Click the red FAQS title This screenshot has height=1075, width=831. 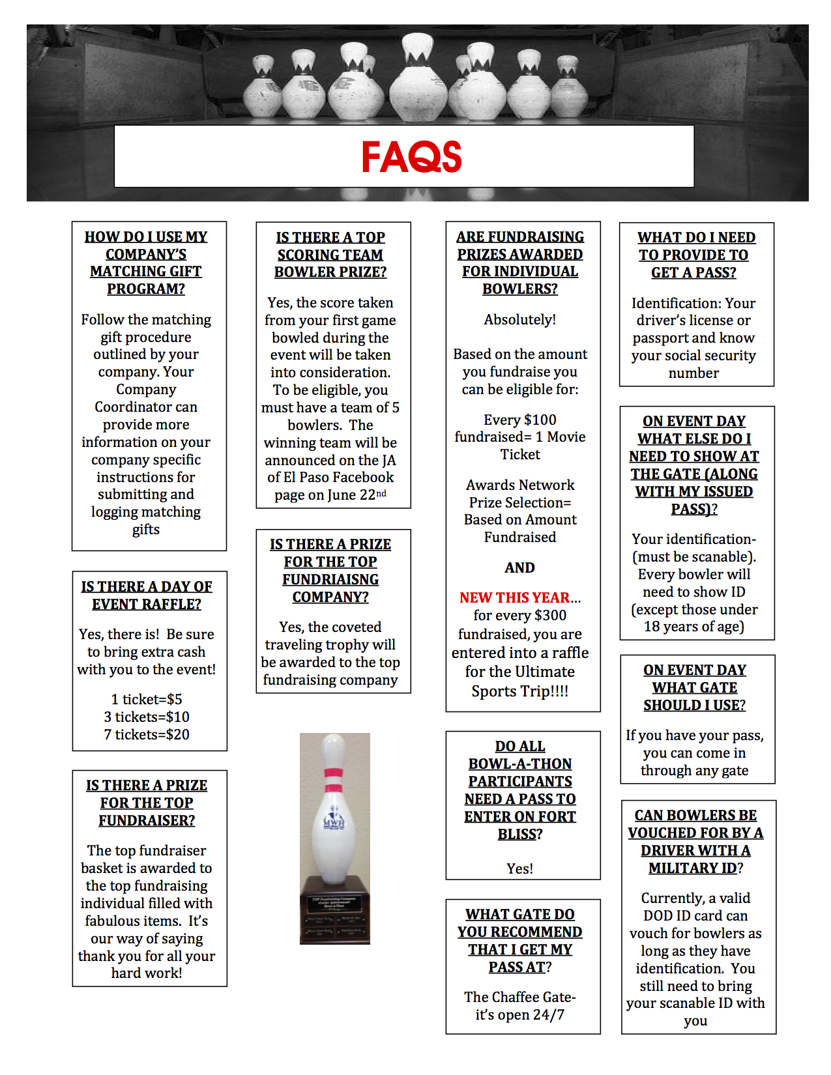[x=411, y=157]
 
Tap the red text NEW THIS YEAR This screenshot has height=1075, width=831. [x=514, y=597]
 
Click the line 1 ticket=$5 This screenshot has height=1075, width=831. [x=147, y=699]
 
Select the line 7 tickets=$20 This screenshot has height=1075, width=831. [x=147, y=734]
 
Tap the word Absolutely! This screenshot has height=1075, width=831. [x=519, y=319]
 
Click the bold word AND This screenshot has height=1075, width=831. [x=519, y=567]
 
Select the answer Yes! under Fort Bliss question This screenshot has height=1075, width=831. [x=519, y=868]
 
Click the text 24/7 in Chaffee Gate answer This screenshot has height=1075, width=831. [x=548, y=1014]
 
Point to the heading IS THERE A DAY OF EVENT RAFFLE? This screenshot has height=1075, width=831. [x=147, y=595]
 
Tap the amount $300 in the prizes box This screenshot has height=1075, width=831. [x=549, y=615]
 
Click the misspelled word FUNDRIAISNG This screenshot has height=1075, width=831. [x=330, y=579]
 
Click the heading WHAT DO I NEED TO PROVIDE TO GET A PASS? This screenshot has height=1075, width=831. [x=694, y=255]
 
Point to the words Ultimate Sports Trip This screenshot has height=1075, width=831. [x=519, y=681]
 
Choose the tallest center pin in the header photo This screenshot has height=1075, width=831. [x=418, y=78]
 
